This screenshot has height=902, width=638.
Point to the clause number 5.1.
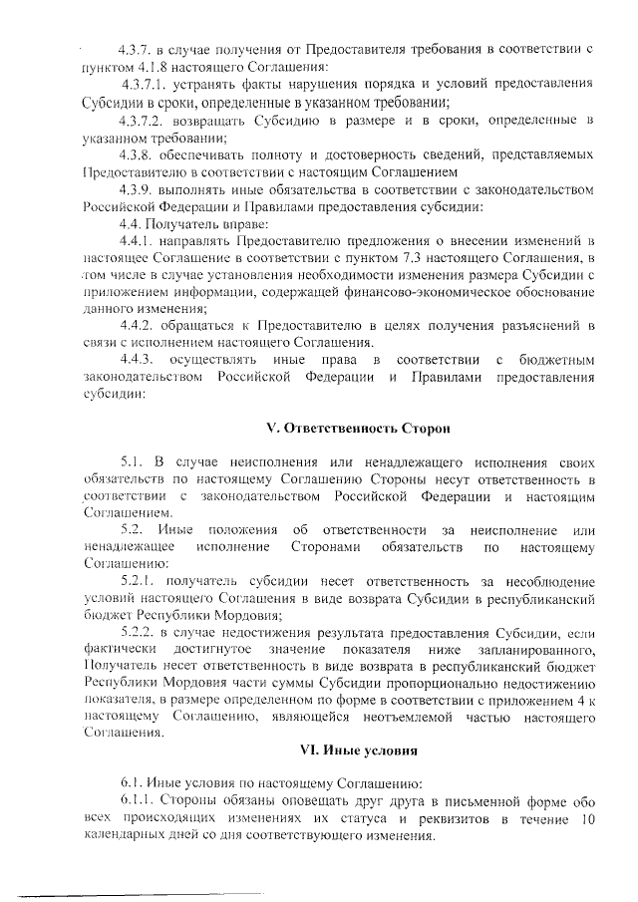(x=134, y=465)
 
